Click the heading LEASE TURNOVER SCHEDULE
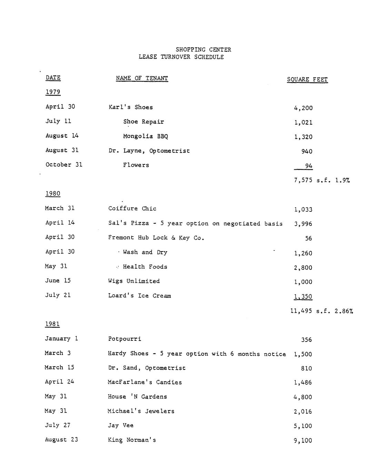(181, 57)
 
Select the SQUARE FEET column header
(307, 80)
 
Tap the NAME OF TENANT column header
(142, 78)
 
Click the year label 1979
(53, 92)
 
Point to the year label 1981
(52, 324)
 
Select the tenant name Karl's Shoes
(130, 107)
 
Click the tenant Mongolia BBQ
(145, 136)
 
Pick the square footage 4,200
(303, 108)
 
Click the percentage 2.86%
(344, 311)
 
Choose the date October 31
(64, 165)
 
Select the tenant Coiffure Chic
(132, 209)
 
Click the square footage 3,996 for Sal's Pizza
(303, 224)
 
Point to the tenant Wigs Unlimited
(134, 281)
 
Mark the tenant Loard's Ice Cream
(139, 296)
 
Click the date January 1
(61, 339)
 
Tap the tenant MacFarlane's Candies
(145, 382)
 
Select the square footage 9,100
(302, 440)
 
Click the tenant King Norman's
(132, 440)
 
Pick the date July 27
(57, 425)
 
